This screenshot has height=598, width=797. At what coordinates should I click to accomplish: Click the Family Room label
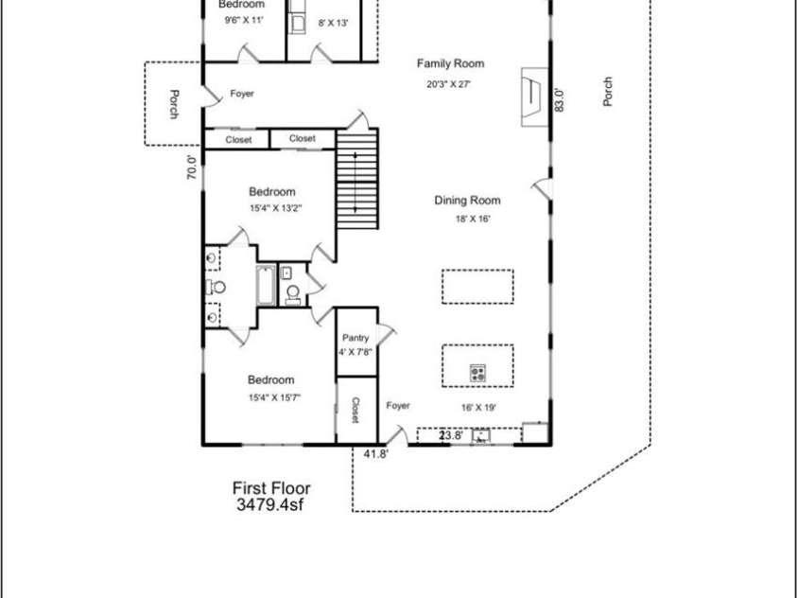click(x=450, y=63)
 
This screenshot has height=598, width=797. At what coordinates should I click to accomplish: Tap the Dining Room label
click(x=467, y=200)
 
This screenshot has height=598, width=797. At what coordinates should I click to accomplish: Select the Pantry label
click(x=355, y=338)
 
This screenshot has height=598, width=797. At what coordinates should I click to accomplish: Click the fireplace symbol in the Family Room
click(x=532, y=92)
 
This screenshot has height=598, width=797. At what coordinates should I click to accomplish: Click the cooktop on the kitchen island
click(x=478, y=373)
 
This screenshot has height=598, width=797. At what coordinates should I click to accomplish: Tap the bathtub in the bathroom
click(x=265, y=286)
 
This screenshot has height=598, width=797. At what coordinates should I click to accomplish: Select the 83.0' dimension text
click(x=560, y=99)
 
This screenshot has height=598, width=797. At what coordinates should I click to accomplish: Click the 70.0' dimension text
click(x=192, y=167)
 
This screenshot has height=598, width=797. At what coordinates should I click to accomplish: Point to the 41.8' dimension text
click(x=376, y=453)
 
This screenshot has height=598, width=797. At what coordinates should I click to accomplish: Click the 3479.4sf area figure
click(x=271, y=505)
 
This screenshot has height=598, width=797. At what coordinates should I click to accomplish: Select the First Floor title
click(x=271, y=488)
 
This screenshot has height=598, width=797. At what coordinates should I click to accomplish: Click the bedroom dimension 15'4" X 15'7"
click(x=271, y=396)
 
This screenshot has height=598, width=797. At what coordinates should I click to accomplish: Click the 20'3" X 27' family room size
click(x=448, y=83)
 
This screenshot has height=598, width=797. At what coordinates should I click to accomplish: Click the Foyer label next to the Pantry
click(x=398, y=405)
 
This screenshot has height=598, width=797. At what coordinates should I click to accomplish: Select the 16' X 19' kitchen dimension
click(x=478, y=408)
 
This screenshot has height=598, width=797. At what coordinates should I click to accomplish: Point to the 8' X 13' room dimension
click(x=334, y=23)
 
